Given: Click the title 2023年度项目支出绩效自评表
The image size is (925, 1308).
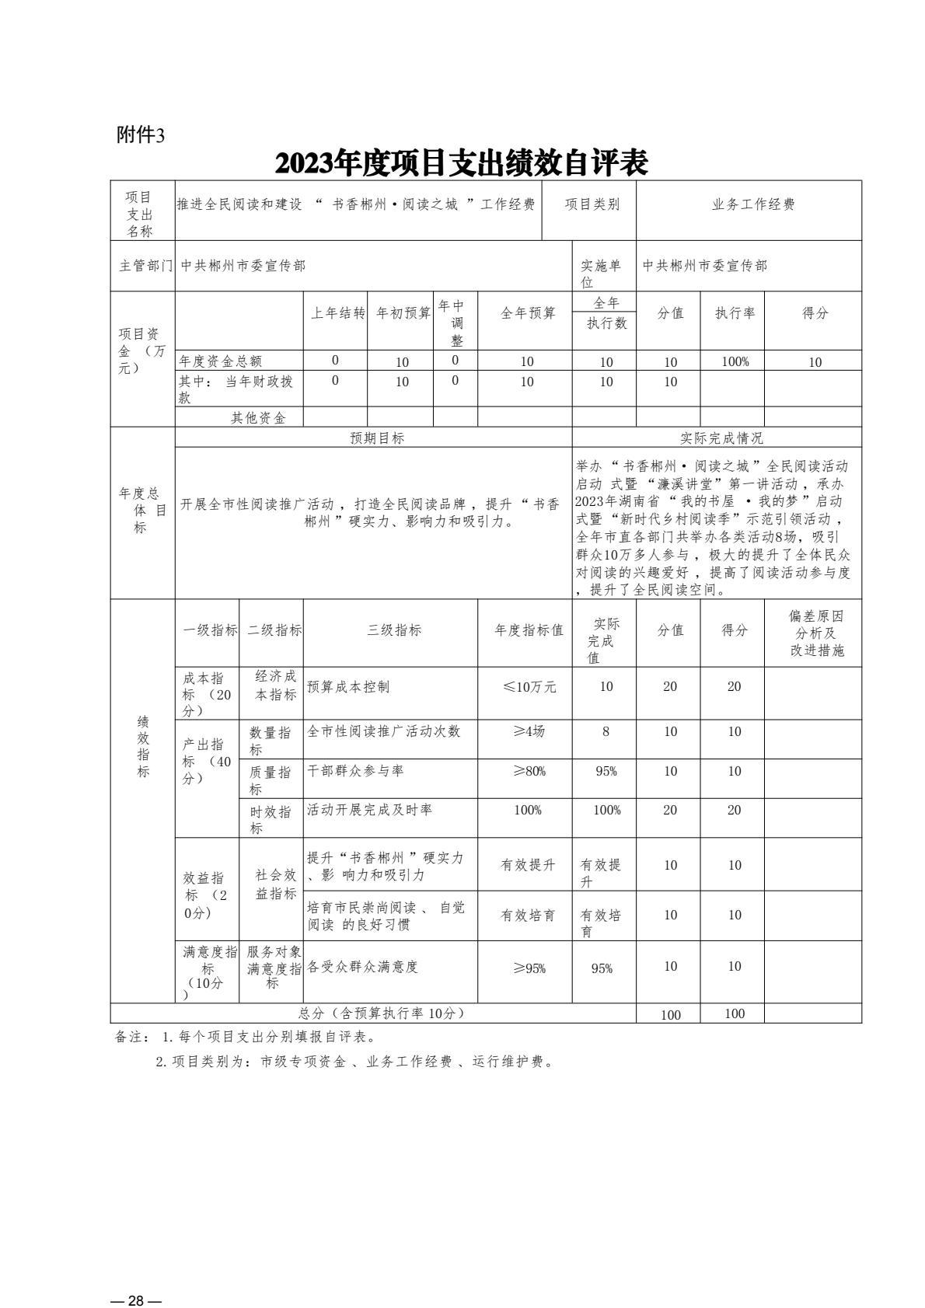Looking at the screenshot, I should click(462, 162).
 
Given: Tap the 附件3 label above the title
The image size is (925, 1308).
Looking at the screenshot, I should click(141, 134).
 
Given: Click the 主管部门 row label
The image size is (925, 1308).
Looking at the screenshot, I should click(145, 266).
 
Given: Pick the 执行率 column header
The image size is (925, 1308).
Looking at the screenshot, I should click(735, 313).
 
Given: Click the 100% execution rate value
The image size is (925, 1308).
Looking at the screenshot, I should click(735, 361).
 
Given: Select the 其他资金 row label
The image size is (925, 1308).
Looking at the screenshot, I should click(258, 418).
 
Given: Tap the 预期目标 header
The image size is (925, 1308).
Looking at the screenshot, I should click(377, 438).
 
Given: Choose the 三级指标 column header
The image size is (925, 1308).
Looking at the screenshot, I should click(394, 630).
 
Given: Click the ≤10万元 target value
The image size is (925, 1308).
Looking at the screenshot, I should click(529, 687).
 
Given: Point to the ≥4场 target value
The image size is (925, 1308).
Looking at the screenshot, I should click(529, 732).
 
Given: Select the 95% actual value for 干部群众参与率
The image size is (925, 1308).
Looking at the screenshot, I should click(606, 772).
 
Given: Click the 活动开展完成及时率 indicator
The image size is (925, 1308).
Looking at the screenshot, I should click(369, 810).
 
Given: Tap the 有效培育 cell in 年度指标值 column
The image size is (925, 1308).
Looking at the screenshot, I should click(528, 916).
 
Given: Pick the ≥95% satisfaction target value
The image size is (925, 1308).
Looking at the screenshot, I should click(529, 968).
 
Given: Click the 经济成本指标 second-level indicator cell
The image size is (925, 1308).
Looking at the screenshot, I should click(275, 685).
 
